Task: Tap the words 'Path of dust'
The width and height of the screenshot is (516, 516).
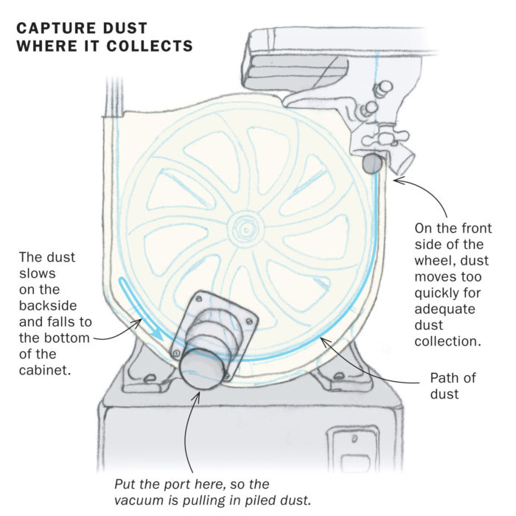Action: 453,386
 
